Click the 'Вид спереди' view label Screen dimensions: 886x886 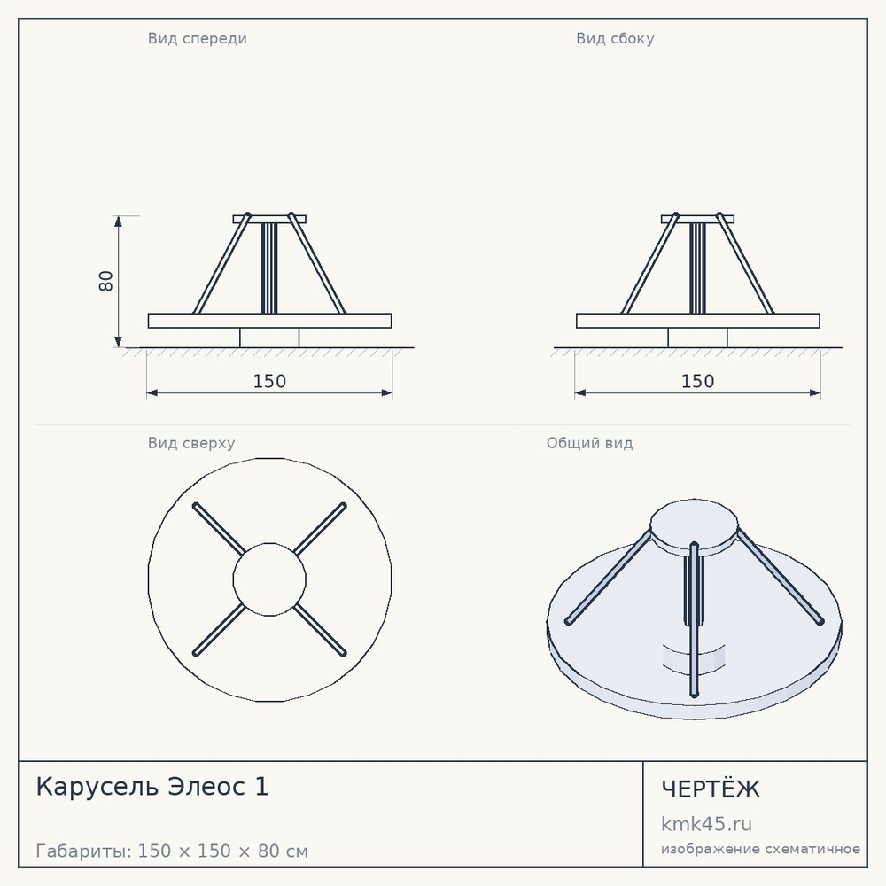[198, 38]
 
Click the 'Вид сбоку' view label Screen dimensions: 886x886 [615, 38]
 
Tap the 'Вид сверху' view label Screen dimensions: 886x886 [191, 443]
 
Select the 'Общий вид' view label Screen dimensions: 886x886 [589, 443]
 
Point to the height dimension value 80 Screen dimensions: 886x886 [105, 281]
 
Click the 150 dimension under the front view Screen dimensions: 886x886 [269, 381]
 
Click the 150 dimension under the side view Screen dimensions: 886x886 [698, 381]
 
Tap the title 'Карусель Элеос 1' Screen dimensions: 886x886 [152, 787]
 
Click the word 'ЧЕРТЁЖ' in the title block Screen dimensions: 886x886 [711, 789]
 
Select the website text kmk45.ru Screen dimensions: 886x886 [706, 824]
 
